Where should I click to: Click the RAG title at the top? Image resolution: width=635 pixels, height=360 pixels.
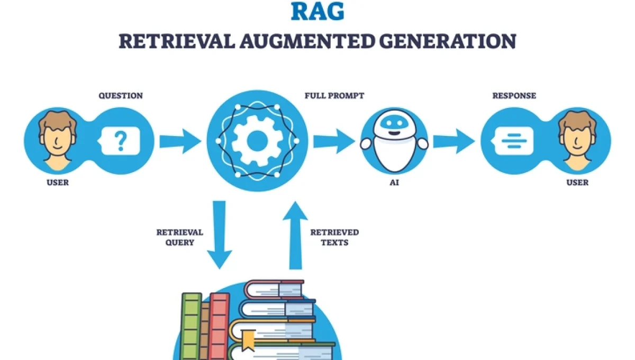click(317, 11)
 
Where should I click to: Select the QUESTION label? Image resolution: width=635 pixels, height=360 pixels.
click(120, 96)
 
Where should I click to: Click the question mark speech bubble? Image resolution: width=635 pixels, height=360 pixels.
click(121, 140)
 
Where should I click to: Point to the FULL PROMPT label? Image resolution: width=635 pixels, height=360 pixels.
click(334, 96)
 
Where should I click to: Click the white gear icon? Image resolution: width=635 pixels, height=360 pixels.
click(257, 141)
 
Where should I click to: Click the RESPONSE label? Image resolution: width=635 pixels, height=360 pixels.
click(514, 96)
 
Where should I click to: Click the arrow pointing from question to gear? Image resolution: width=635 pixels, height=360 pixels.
click(180, 141)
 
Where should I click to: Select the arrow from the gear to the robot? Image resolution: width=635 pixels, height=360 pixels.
click(334, 141)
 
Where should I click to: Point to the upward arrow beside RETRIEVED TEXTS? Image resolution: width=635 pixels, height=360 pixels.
click(295, 235)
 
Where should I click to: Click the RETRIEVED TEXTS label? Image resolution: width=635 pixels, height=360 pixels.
click(334, 237)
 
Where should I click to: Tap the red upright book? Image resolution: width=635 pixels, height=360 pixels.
click(219, 326)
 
